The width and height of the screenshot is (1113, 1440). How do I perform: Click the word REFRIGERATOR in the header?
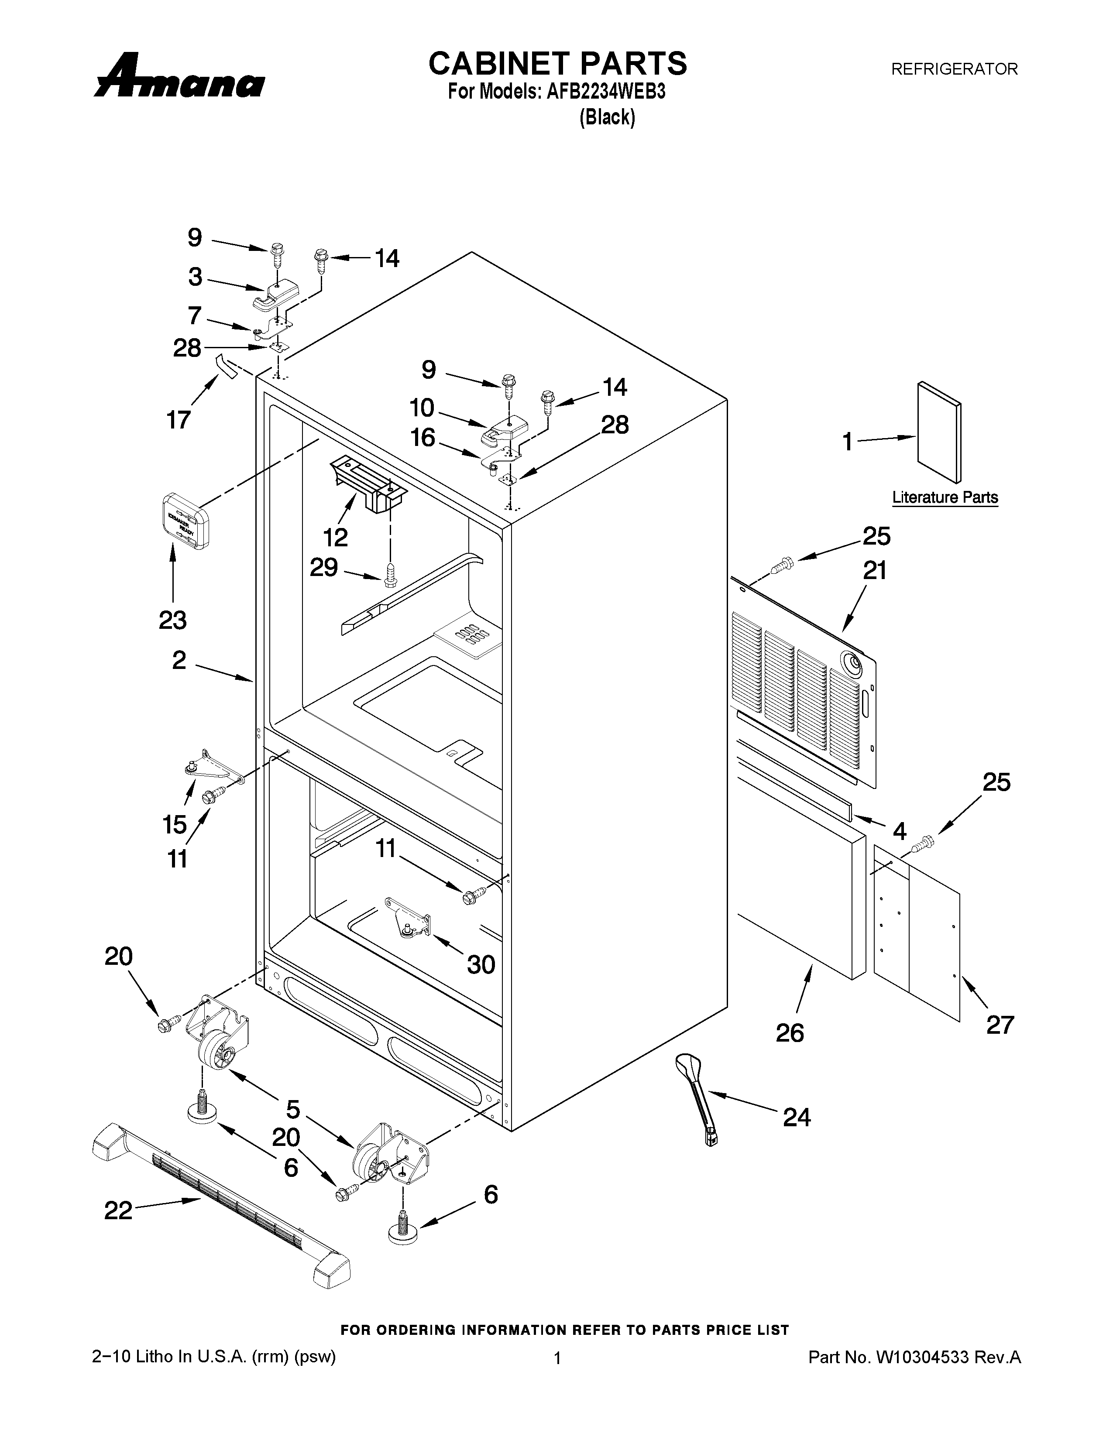pos(954,69)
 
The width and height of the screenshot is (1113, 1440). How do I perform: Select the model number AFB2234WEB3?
pos(605,92)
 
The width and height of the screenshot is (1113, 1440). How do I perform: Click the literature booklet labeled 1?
pos(939,432)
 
